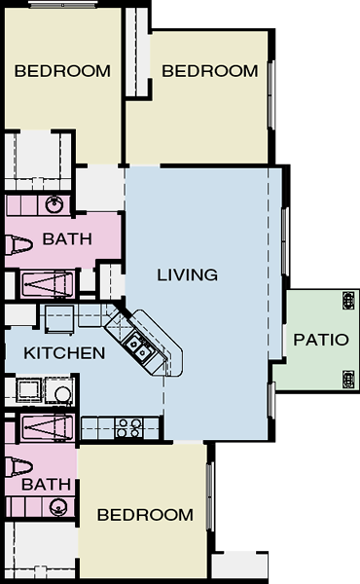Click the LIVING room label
pos(187,274)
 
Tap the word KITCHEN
pos(64,353)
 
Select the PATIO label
pos(321,340)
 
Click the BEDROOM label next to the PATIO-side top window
pos(209,71)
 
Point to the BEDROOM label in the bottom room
pos(145,515)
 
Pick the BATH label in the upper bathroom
pos(67,239)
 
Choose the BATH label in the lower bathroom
pos(46,485)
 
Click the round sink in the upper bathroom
pos(54,204)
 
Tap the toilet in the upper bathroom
pos(18,245)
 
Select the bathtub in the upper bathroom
pos(48,284)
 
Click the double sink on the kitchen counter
pos(138,347)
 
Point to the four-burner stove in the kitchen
pos(129,428)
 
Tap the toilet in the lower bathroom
pos(18,466)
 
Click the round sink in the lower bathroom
pos(57,507)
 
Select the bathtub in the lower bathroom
pos(48,427)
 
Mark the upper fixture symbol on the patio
pos(348,301)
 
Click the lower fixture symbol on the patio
pos(348,380)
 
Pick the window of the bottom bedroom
pos(210,496)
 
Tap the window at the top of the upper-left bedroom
pos(63,5)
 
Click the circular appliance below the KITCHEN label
pos(62,394)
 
